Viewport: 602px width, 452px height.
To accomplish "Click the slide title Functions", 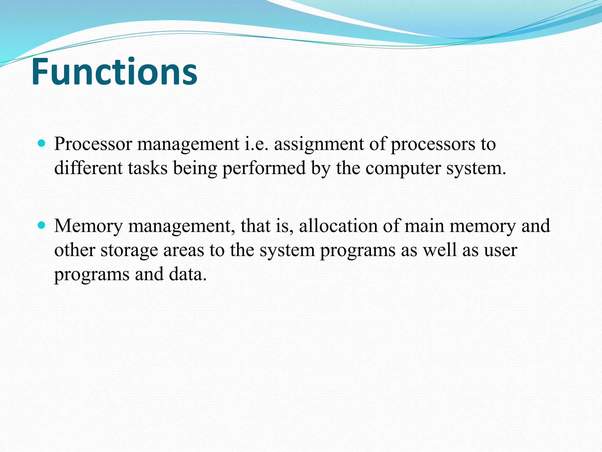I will (x=114, y=72).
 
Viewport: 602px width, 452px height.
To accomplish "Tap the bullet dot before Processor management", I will (x=42, y=144).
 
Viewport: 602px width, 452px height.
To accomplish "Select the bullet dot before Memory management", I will (x=42, y=225).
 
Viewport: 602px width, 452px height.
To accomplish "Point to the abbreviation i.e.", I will (x=257, y=144).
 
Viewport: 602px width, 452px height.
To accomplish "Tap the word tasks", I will (x=148, y=168).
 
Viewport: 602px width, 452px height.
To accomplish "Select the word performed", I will (x=264, y=169).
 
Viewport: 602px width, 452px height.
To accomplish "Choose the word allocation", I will (x=338, y=226).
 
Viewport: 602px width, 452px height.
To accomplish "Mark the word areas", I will (x=183, y=250).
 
